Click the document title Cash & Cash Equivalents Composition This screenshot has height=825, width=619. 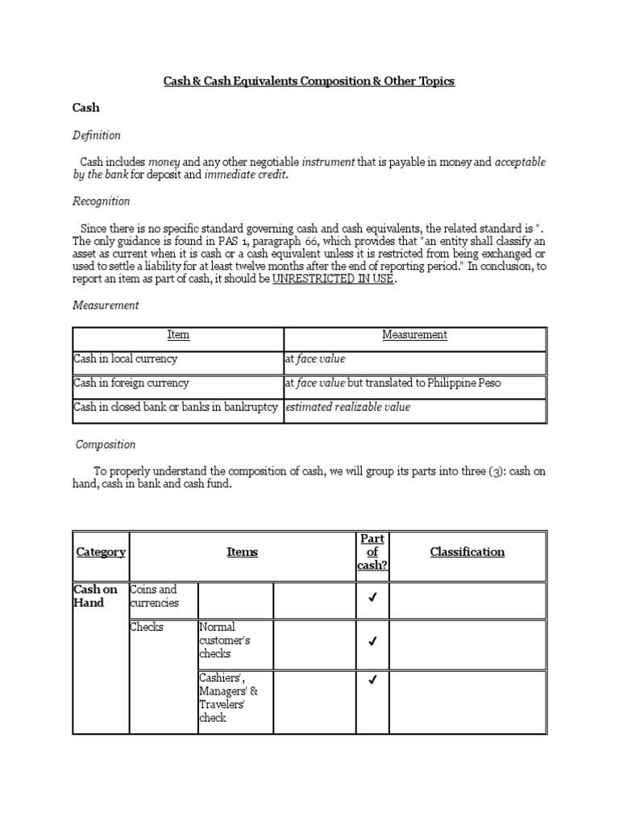tap(309, 81)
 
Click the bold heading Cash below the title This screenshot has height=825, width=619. tap(86, 107)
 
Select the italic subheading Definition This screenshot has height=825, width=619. tap(97, 135)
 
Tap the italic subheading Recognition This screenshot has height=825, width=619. tap(101, 201)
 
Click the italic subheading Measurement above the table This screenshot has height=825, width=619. tap(106, 305)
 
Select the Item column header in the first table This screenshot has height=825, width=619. tap(178, 335)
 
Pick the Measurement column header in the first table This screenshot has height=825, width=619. tap(415, 335)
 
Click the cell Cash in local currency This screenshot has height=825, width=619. tap(125, 359)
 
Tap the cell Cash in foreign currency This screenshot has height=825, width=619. tap(131, 383)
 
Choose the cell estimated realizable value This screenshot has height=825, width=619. tap(347, 408)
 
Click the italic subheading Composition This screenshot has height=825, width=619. tap(106, 445)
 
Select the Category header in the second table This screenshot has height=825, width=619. tap(101, 553)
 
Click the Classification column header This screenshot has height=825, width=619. tap(467, 553)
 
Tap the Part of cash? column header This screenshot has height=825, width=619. tap(372, 553)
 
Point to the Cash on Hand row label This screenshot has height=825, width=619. tap(95, 596)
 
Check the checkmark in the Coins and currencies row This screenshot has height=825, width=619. tap(372, 599)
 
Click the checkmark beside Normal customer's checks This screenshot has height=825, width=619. tap(372, 642)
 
